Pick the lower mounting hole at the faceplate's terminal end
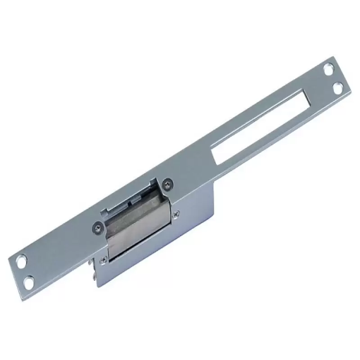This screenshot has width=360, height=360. (x=29, y=281)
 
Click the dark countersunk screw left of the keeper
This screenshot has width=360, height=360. (x=97, y=227)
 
